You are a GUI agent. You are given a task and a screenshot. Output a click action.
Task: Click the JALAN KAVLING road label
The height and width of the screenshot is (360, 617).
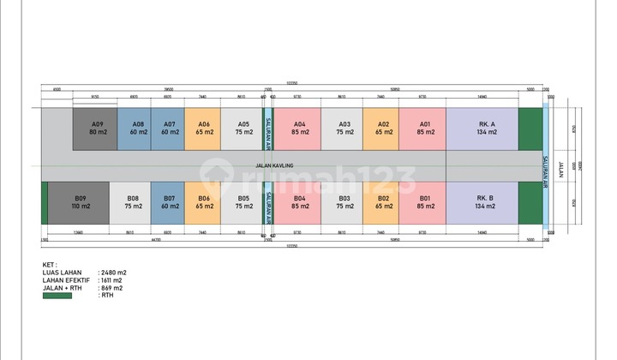point(273,165)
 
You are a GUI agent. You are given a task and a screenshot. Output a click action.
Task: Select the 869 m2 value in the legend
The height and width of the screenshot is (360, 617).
point(112,288)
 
